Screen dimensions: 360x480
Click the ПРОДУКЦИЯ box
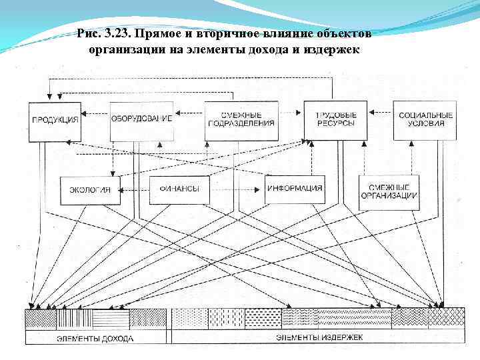pos(55,121)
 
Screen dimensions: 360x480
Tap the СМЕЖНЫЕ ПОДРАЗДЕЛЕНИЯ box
pos(241,121)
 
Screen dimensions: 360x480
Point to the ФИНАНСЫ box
pos(179,189)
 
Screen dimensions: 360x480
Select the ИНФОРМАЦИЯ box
pos(294,189)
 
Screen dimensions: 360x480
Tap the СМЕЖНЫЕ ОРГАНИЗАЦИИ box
pos(389,191)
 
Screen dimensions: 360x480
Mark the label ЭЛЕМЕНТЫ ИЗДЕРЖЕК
pos(319,337)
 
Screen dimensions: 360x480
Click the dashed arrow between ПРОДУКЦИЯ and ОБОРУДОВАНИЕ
pos(95,115)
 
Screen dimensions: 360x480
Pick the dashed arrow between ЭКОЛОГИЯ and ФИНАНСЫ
pos(135,189)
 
